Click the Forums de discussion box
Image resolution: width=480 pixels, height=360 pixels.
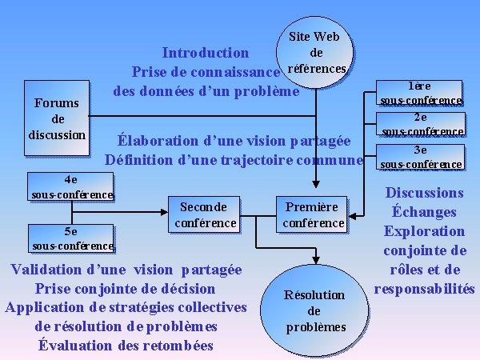point(57,118)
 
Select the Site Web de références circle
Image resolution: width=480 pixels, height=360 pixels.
point(314,52)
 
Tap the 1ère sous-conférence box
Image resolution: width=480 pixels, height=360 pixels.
point(419,93)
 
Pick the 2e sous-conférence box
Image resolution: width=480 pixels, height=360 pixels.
point(421,124)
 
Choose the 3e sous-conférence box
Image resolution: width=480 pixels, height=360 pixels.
point(420,157)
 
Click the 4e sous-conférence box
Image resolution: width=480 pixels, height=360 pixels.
point(70,186)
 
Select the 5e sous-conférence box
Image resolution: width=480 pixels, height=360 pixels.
point(71,238)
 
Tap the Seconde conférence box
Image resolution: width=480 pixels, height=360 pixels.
point(204,214)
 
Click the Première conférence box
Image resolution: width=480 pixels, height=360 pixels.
point(312,214)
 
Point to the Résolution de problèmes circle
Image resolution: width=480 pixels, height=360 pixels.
point(314,310)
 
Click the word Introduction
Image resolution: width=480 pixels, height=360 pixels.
point(206,53)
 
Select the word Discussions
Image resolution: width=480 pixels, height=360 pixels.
point(424,193)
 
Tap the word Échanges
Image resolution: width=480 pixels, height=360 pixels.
point(424,211)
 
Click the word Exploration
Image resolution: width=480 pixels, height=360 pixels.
point(424,231)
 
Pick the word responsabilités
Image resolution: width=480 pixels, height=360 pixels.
point(424,289)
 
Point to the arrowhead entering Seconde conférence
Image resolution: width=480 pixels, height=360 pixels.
point(164,212)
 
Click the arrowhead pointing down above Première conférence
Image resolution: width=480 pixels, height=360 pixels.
point(316,184)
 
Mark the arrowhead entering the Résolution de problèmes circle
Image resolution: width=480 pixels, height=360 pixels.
point(316,260)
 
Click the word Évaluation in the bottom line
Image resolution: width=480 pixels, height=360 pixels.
point(75,345)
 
